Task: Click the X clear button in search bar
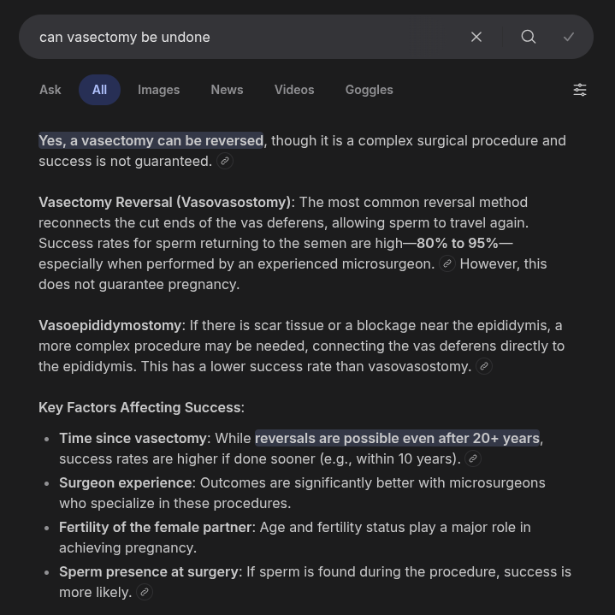tap(476, 37)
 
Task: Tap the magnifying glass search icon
tap(529, 37)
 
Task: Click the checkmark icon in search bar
tap(569, 37)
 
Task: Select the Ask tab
tap(50, 90)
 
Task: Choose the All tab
tap(99, 90)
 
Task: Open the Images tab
tap(159, 90)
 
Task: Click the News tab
tap(227, 90)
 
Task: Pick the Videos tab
tap(294, 90)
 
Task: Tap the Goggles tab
tap(369, 90)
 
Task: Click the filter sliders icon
tap(580, 90)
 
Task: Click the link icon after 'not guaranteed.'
tap(225, 161)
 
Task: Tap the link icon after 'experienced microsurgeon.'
tap(447, 263)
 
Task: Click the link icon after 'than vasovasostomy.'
tap(484, 366)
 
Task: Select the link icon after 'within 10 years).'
tap(472, 458)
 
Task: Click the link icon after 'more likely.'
tap(145, 592)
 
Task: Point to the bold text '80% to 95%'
tap(457, 243)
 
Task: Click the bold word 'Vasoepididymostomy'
tap(110, 325)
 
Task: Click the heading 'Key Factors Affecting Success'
tap(139, 407)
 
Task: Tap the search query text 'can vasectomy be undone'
tap(125, 37)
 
